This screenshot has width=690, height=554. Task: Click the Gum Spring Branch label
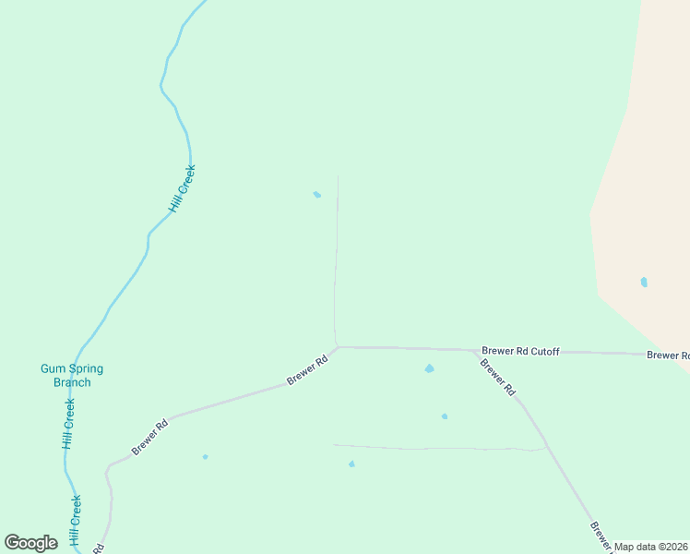click(x=72, y=375)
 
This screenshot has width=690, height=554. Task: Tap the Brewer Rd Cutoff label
click(x=520, y=352)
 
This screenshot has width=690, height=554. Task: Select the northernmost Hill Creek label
click(x=184, y=188)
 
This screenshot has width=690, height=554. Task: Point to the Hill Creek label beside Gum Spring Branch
click(x=68, y=424)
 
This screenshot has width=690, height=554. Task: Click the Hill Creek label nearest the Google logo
click(x=76, y=520)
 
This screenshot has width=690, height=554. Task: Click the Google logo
click(x=30, y=543)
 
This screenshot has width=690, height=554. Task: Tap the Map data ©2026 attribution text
click(x=651, y=547)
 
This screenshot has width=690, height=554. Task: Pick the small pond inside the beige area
click(x=644, y=282)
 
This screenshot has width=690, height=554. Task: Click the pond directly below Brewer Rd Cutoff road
click(x=429, y=368)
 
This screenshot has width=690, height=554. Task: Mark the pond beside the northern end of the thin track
click(x=317, y=194)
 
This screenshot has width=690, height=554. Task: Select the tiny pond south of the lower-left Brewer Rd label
click(x=205, y=456)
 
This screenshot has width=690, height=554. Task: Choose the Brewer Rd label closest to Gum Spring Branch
click(x=150, y=437)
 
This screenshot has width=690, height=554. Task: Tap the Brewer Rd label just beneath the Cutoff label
click(x=498, y=378)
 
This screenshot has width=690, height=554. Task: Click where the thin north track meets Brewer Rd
click(x=338, y=347)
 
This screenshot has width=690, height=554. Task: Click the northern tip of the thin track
click(x=338, y=176)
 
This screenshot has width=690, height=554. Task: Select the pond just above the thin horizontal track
click(x=445, y=416)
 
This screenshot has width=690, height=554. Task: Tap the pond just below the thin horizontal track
click(x=351, y=464)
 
